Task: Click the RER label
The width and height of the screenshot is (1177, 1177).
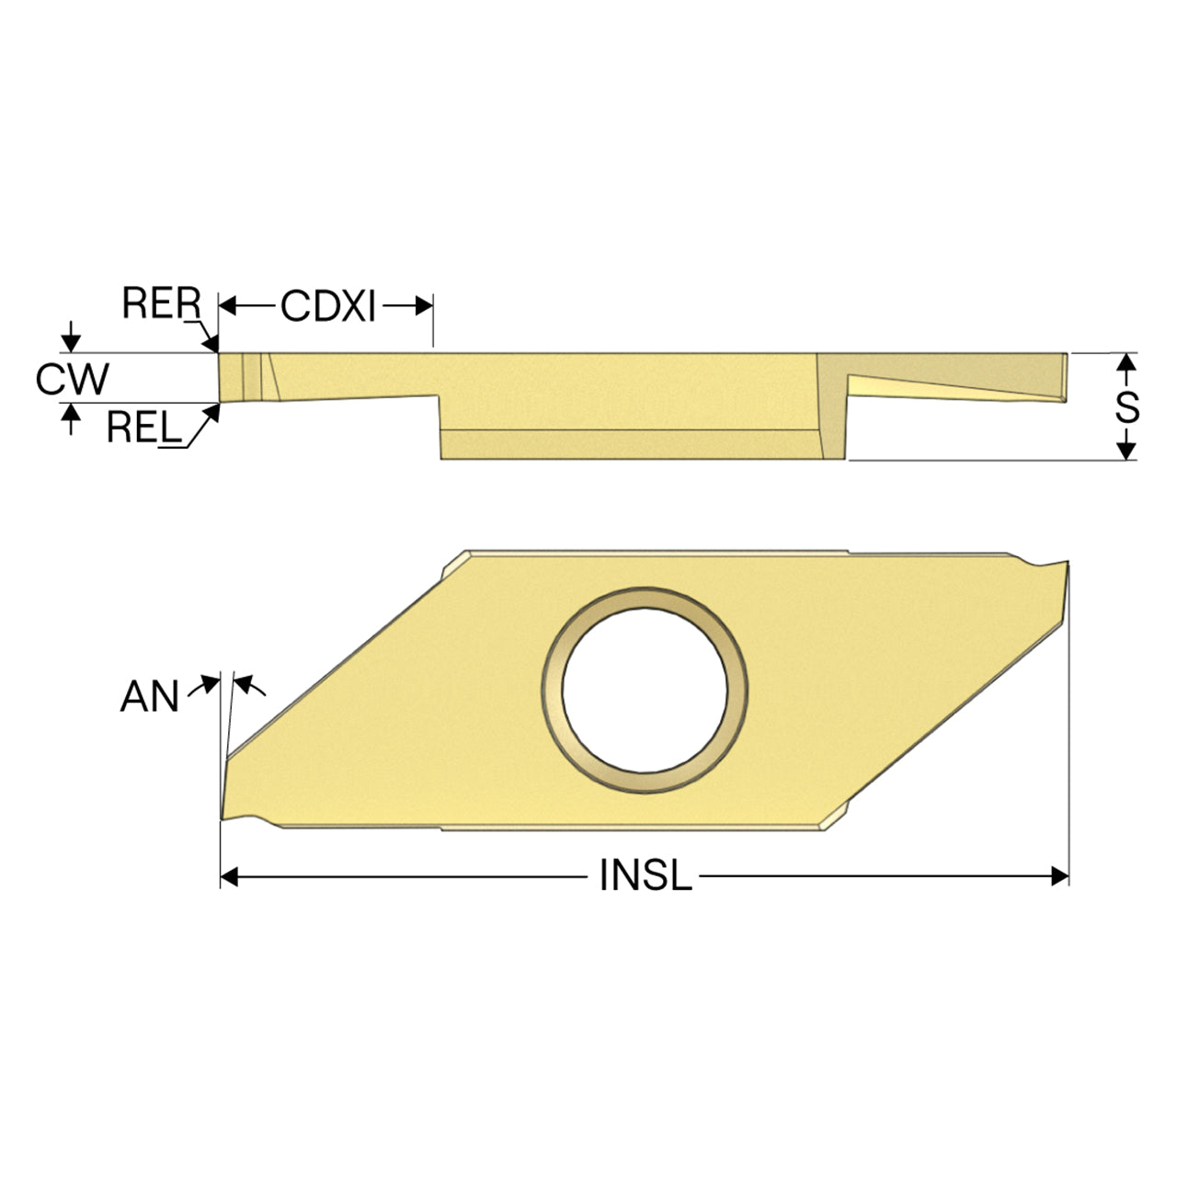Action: [161, 303]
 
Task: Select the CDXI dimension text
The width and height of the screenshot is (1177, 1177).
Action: [328, 305]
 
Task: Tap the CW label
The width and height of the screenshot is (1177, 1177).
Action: [72, 379]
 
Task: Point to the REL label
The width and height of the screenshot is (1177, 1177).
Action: [144, 427]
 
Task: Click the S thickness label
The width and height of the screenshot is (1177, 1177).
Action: [1126, 406]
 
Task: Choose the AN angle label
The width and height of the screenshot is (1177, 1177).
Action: [149, 697]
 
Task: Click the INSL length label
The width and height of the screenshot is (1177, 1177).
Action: [646, 875]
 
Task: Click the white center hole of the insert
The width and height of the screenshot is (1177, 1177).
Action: [645, 691]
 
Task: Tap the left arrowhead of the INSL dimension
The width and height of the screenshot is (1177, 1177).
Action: [228, 877]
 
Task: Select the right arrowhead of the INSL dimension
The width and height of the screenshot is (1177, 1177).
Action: [1059, 877]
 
